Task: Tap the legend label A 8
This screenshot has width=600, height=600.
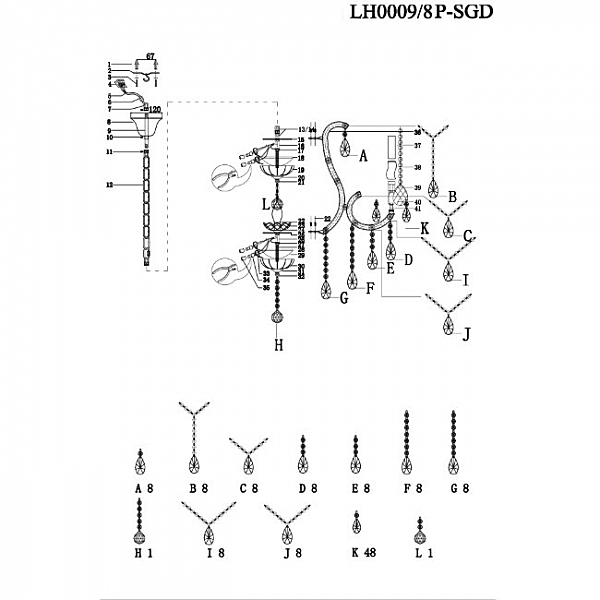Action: tap(143, 489)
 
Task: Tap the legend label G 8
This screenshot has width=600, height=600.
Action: tap(459, 489)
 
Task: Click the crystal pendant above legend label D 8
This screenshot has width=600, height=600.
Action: tap(302, 457)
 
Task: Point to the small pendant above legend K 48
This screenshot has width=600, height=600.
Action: tap(357, 524)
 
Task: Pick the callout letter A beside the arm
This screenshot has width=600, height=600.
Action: tap(364, 157)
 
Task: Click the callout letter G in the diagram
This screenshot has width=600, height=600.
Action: tap(343, 298)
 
